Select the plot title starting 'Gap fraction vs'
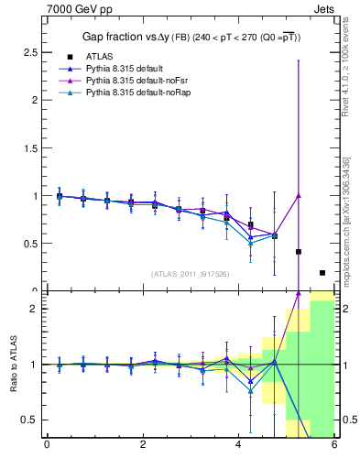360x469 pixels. (x=190, y=36)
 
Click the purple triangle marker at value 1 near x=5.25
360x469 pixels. (x=299, y=195)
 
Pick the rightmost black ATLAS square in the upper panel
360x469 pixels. (x=322, y=272)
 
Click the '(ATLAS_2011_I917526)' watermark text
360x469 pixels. (x=191, y=273)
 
